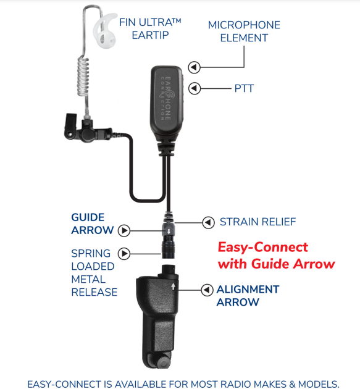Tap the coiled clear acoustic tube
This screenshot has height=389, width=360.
83,77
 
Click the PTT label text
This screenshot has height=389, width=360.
244,88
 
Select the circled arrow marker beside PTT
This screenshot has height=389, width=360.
195,88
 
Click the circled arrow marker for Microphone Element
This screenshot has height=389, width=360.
195,67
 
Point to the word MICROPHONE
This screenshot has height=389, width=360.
244,25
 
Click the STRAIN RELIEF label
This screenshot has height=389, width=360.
257,222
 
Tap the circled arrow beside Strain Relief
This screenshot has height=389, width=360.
209,222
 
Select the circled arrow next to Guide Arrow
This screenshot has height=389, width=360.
123,230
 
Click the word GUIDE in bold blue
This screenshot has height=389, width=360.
88,217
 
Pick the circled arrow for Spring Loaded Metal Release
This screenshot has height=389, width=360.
123,254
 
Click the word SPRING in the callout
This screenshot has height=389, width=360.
91,254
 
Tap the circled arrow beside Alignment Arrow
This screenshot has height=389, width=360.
207,290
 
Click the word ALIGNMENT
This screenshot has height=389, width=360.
248,290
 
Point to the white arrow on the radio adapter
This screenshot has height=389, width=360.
173,287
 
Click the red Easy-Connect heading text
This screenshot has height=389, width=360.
277,255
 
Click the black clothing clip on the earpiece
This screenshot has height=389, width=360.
70,125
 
